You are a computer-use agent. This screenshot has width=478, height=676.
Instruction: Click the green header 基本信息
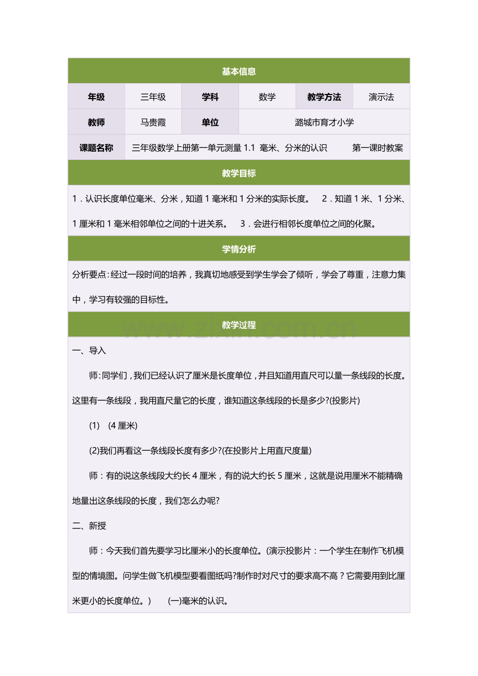tap(238, 72)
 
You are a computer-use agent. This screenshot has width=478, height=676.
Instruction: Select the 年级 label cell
tap(96, 97)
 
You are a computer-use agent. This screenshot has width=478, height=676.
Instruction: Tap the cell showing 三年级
tap(153, 97)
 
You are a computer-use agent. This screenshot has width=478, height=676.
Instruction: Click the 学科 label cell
tap(210, 97)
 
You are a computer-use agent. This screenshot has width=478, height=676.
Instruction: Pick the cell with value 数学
tap(267, 97)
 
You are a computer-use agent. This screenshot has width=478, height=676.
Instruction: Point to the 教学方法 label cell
tap(324, 97)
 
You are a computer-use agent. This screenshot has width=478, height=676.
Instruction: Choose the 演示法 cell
tap(381, 97)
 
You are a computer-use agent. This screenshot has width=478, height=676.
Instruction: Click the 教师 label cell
tap(96, 123)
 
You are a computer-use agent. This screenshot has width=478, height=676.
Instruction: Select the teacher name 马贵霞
tap(153, 123)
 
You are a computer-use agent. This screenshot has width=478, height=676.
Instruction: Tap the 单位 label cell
tap(210, 123)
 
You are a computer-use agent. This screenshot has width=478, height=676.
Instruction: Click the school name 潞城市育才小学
tap(324, 123)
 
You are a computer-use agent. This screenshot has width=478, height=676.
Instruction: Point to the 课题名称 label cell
tap(96, 148)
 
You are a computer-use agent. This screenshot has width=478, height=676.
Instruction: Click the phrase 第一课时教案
tap(378, 148)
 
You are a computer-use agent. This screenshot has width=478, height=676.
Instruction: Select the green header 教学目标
tap(238, 173)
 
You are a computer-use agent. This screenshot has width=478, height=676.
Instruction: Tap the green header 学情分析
tap(238, 249)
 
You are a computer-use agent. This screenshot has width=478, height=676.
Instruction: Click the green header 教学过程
tap(238, 325)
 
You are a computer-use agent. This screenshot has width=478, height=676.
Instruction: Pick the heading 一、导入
tap(89, 351)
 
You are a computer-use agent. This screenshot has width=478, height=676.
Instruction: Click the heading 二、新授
tap(89, 526)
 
